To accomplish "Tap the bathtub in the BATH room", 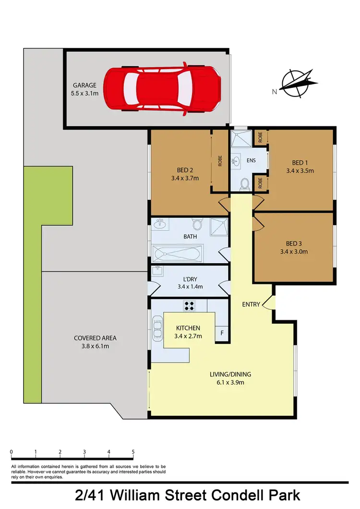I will tap(177, 253).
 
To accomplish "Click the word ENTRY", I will tap(251, 304).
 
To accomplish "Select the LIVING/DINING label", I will tap(230, 375).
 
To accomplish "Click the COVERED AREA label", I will tap(95, 338).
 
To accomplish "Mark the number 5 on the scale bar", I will tap(133, 452).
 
